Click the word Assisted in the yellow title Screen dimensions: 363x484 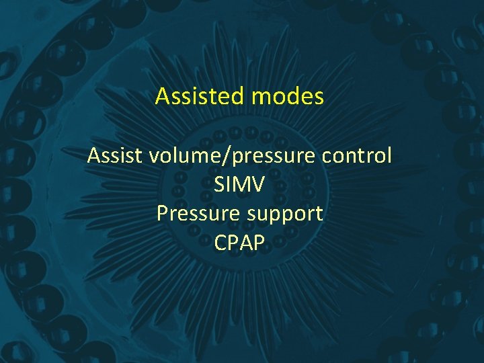[200, 97]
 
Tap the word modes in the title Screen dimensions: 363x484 [288, 97]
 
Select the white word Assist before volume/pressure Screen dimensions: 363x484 [115, 156]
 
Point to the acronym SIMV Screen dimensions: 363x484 [239, 185]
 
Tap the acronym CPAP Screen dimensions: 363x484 [240, 243]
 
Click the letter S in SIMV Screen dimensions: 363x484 [220, 185]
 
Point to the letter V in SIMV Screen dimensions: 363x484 [258, 185]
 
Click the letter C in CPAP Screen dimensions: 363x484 [221, 243]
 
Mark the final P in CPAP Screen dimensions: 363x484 [259, 243]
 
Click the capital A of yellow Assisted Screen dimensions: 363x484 [162, 97]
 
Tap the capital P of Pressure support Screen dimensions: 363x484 [162, 214]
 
